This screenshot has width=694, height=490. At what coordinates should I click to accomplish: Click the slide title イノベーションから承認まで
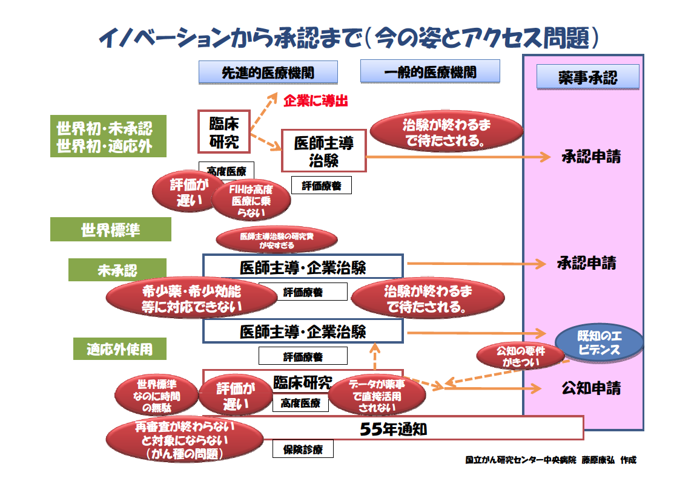coord(230,38)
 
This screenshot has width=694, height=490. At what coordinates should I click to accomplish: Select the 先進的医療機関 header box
coord(268,73)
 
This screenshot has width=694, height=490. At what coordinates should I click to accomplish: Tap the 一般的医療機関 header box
coord(430,71)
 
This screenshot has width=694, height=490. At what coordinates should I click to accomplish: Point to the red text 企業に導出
coord(316,101)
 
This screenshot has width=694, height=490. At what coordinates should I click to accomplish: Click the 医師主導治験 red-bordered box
coord(324,151)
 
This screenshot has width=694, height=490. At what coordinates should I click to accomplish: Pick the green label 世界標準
coord(111,229)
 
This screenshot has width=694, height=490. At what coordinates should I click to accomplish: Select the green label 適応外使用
coord(120,349)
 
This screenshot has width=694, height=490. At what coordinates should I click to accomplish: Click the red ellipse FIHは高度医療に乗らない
coord(251,200)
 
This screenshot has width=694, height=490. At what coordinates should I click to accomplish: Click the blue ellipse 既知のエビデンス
coord(600,343)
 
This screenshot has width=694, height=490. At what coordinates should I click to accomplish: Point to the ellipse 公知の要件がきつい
coord(521,356)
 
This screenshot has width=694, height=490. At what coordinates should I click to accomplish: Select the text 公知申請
coord(591,388)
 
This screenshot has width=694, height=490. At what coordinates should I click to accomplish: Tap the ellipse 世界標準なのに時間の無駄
coord(157,396)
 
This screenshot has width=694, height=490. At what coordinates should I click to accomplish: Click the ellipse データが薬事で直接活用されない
coord(377,396)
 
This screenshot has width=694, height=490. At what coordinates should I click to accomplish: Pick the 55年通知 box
coord(393,428)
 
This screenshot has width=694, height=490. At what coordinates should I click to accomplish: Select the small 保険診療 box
coord(303,449)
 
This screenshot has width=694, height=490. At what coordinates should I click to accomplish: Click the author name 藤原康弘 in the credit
coord(598,460)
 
